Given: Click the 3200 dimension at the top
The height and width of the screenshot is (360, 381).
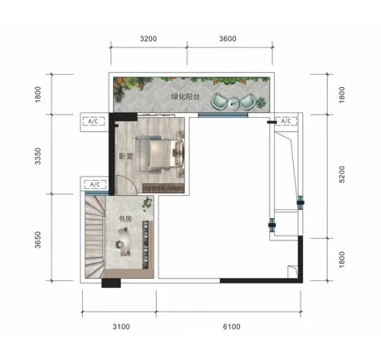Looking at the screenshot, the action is pos(149,39).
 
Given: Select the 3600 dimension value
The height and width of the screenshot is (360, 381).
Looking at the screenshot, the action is pos(227,39).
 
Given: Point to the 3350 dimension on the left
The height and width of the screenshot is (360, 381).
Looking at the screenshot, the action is pos(38,156).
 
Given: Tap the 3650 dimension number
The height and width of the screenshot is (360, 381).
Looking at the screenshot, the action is pos(38,240).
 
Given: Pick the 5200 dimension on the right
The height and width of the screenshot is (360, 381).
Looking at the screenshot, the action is pos(342,174).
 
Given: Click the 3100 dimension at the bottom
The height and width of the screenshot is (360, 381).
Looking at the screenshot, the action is pos(121,327).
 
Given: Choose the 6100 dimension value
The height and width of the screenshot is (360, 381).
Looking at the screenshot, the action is pos(232,327).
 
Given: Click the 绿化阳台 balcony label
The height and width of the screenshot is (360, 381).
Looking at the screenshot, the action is pos(185,97).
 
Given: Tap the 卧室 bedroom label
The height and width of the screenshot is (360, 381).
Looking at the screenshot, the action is pos(126,157).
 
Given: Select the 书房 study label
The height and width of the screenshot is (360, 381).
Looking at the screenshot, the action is pos(125,219).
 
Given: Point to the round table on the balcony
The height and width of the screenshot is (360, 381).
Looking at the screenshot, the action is pos(233,103).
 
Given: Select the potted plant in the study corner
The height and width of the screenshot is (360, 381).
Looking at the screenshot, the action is pos(148,203).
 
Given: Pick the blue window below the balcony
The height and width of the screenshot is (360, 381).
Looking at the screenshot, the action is pos(223,115).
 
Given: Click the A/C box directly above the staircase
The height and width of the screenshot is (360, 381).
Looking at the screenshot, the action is pos(95,184).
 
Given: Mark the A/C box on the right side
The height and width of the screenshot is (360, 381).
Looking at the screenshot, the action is pos(286,121).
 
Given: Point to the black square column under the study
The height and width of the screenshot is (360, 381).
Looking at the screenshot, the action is pos(111,283).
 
